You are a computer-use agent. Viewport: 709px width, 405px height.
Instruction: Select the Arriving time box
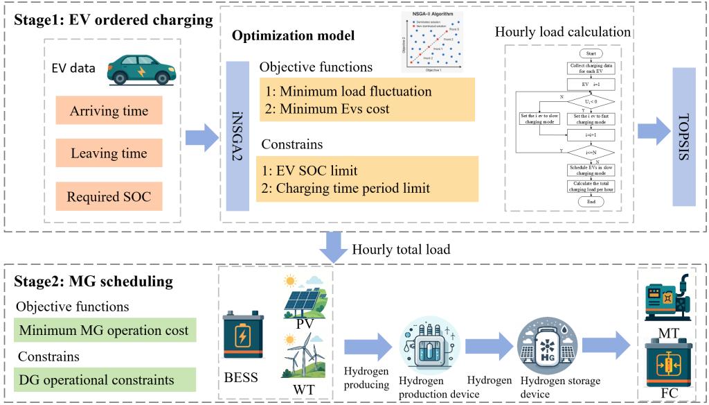[108, 111]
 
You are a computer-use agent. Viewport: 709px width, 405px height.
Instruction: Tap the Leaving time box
[108, 154]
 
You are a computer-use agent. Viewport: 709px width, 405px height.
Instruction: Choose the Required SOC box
[108, 197]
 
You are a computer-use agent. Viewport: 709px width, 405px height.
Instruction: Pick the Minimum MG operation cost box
[104, 330]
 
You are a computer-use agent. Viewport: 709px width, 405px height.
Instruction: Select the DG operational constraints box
[104, 379]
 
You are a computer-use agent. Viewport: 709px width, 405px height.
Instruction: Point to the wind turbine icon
[303, 353]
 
